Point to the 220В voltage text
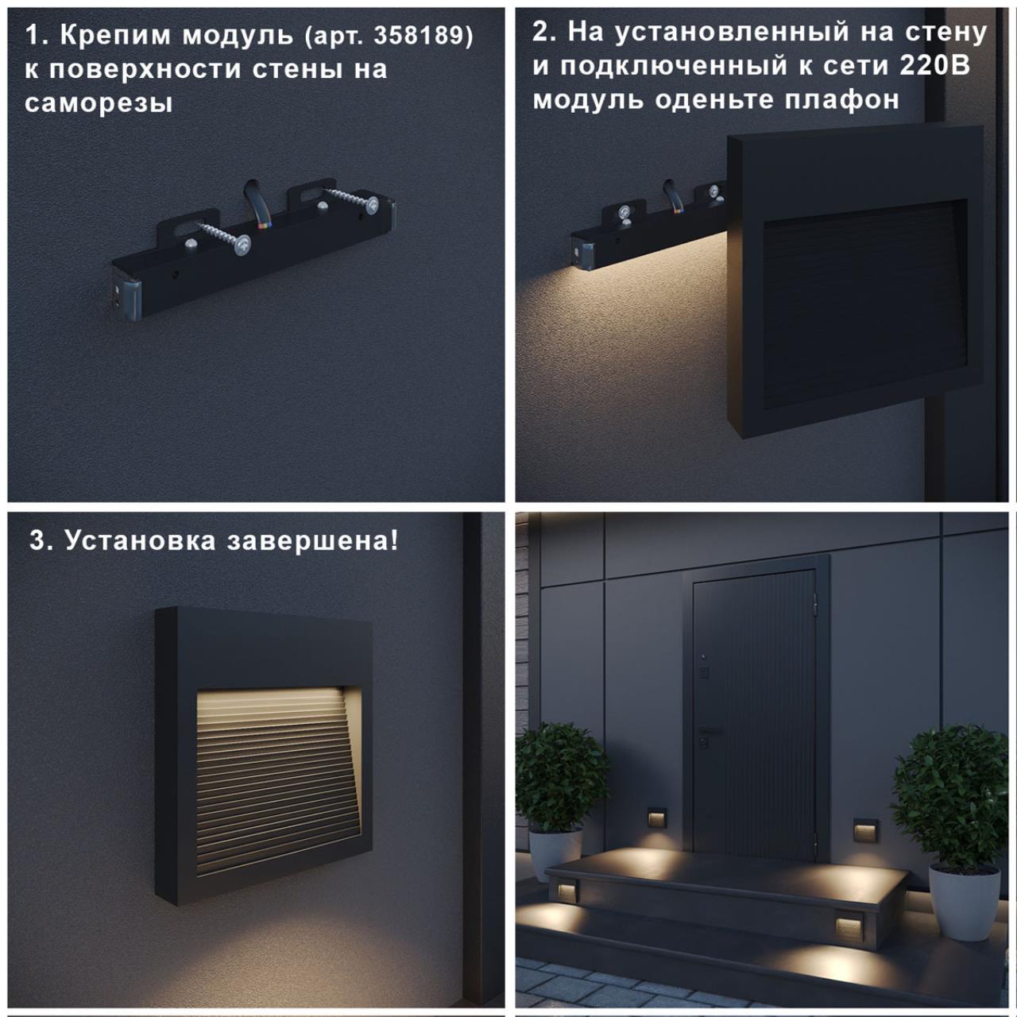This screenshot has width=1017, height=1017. [934, 67]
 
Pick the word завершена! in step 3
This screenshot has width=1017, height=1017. [313, 540]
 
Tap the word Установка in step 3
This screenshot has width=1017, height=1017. [141, 540]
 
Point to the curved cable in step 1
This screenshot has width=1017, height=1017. [257, 203]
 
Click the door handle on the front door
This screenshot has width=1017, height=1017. [710, 730]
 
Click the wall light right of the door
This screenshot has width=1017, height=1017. [864, 830]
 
